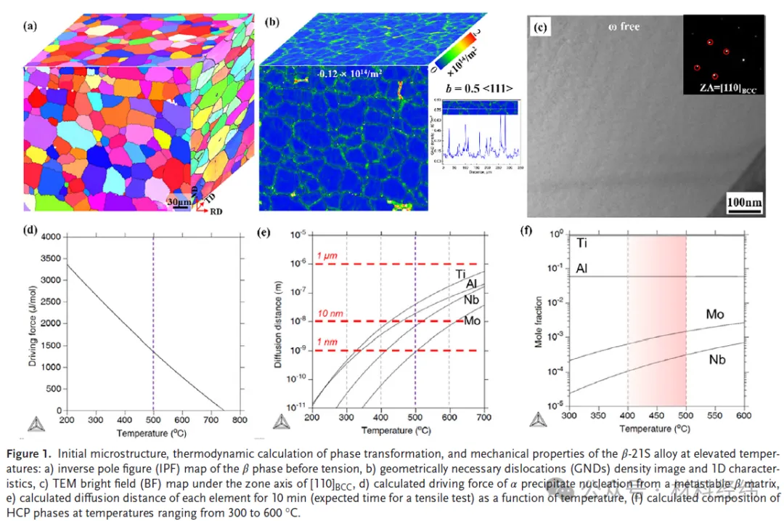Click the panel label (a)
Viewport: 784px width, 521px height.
click(x=30, y=26)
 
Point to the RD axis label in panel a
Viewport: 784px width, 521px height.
click(x=216, y=214)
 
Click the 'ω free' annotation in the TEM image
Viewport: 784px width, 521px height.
click(x=624, y=27)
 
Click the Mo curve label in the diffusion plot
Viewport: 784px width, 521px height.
click(x=472, y=320)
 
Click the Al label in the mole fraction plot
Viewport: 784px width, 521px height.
click(x=581, y=269)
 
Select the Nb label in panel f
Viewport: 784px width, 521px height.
click(x=717, y=360)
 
